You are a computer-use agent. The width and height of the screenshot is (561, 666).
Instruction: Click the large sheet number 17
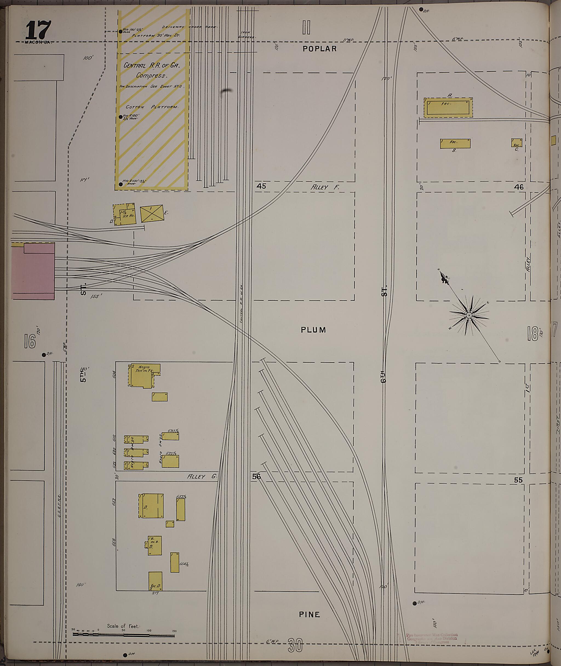point(38,30)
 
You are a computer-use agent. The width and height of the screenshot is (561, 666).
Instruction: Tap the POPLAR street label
point(319,49)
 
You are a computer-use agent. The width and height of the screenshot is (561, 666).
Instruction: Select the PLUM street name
point(313,330)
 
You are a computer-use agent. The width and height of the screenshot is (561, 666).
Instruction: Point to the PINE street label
point(309,615)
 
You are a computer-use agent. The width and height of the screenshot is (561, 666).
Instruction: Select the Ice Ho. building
point(125,215)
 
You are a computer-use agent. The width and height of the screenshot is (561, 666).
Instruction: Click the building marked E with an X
point(152,214)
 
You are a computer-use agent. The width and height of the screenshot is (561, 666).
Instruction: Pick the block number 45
point(261,186)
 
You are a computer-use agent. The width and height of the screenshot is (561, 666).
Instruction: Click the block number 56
point(256,476)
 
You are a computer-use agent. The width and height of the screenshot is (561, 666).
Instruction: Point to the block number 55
point(518,480)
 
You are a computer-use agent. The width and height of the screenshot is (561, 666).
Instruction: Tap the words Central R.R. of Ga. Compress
point(151,70)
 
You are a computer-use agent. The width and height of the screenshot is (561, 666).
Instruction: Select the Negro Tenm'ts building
point(145,376)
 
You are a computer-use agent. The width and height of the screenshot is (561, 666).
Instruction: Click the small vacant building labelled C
point(516,143)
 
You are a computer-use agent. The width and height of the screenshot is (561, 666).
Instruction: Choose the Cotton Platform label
point(151,107)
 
